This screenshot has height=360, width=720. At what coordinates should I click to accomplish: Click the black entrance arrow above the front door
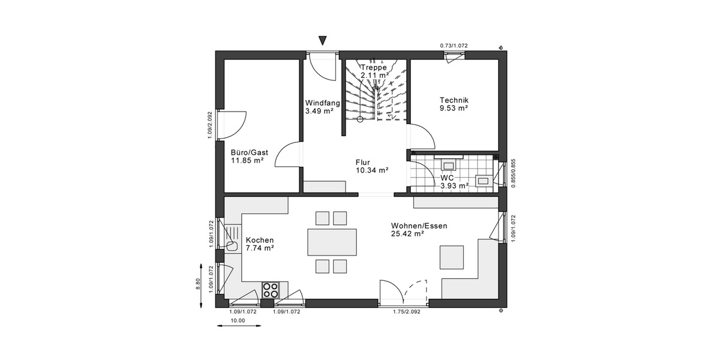tap(323, 41)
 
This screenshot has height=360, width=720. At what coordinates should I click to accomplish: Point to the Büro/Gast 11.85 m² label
tap(248, 156)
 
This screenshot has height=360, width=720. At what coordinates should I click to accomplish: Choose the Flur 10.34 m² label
tap(371, 166)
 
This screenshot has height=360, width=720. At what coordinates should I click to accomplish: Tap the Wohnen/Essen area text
tap(419, 229)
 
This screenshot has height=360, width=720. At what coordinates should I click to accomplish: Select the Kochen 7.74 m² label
tap(260, 244)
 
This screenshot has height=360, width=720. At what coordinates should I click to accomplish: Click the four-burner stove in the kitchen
tap(271, 290)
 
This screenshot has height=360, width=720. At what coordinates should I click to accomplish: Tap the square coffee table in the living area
tap(451, 257)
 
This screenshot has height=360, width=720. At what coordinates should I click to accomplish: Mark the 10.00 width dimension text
tap(238, 321)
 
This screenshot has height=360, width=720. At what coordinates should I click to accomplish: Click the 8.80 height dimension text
tap(199, 284)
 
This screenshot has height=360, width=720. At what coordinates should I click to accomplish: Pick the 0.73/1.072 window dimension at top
tap(454, 46)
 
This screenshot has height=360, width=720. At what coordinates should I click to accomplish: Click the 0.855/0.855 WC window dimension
tap(513, 173)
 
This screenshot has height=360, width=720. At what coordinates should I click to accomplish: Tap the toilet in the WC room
tap(482, 179)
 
